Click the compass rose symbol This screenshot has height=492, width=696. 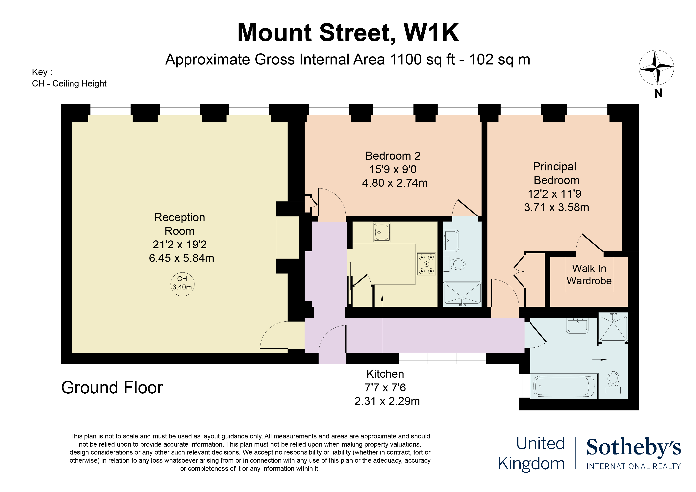[656, 67]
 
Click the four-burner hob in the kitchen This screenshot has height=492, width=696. [426, 264]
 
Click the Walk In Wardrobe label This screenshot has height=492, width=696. [589, 275]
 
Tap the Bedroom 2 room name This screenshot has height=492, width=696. [393, 156]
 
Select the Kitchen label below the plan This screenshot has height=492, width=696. [385, 374]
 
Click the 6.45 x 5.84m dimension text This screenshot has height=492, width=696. [181, 258]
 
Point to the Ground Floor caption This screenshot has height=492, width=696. [112, 387]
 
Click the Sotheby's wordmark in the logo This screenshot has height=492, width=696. [634, 447]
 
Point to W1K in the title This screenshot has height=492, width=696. [431, 33]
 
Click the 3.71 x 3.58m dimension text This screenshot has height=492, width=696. [556, 207]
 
